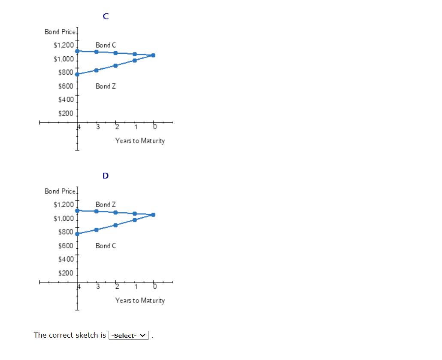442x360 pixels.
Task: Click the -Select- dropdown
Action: tap(129, 336)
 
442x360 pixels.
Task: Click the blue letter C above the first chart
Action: tap(106, 16)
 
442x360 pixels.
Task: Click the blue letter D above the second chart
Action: tap(106, 176)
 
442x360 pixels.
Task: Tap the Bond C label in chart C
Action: tap(106, 45)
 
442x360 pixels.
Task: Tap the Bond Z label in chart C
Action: tap(106, 86)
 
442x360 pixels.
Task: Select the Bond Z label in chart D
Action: tap(106, 204)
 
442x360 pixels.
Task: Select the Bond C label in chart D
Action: tap(106, 246)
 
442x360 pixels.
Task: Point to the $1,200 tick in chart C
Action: tap(64, 45)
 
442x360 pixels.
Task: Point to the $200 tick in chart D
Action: tap(66, 273)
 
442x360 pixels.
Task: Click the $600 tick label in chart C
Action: tap(66, 86)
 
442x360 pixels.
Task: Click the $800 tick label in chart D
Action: tap(66, 232)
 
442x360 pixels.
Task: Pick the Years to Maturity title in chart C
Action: tap(140, 141)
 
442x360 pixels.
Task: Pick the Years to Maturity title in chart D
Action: tap(140, 300)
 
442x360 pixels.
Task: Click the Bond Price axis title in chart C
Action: tap(60, 32)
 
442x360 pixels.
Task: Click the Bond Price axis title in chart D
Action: tap(60, 191)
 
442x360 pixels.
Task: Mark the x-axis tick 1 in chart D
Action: tap(136, 287)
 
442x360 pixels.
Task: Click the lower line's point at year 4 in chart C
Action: tap(77, 74)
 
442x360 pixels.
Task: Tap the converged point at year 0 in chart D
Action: tap(153, 215)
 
